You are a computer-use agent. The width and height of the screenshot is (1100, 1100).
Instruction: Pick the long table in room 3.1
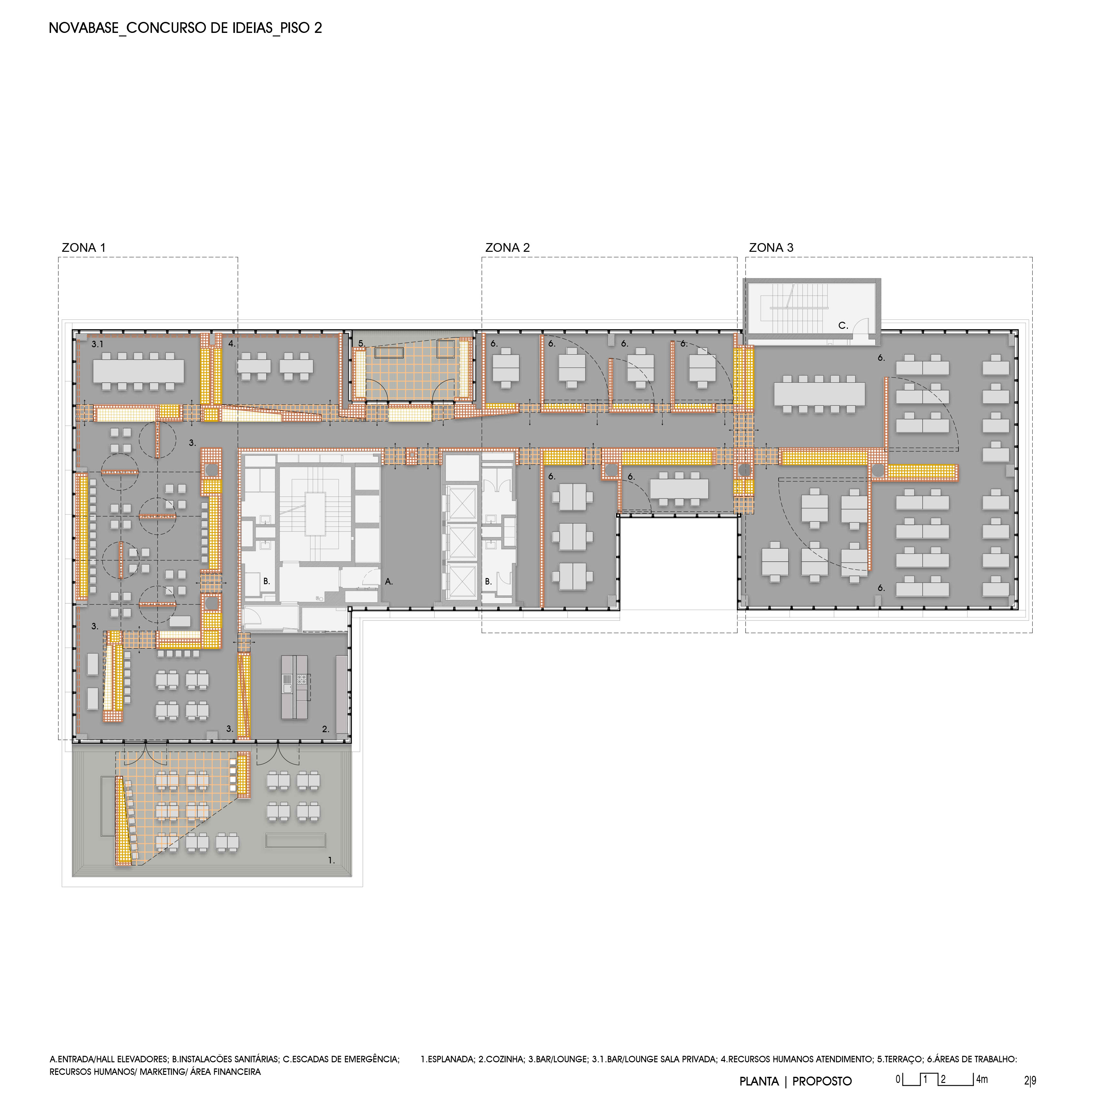tap(138, 371)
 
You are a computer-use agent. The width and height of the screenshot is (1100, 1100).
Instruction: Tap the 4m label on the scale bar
tap(982, 1079)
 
